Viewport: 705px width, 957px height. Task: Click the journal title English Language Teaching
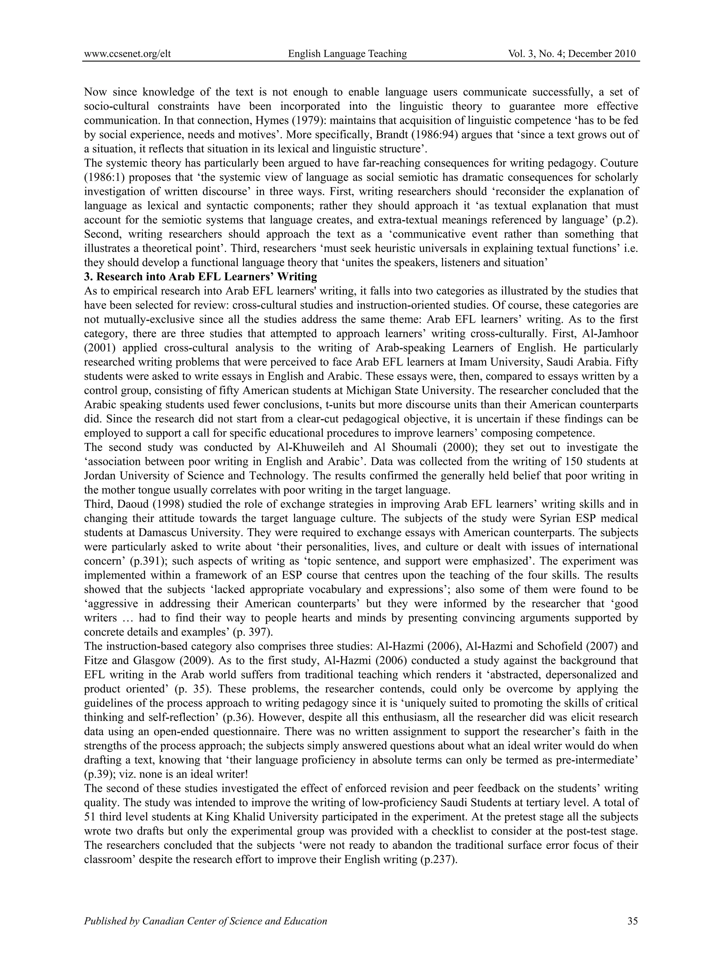point(347,54)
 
